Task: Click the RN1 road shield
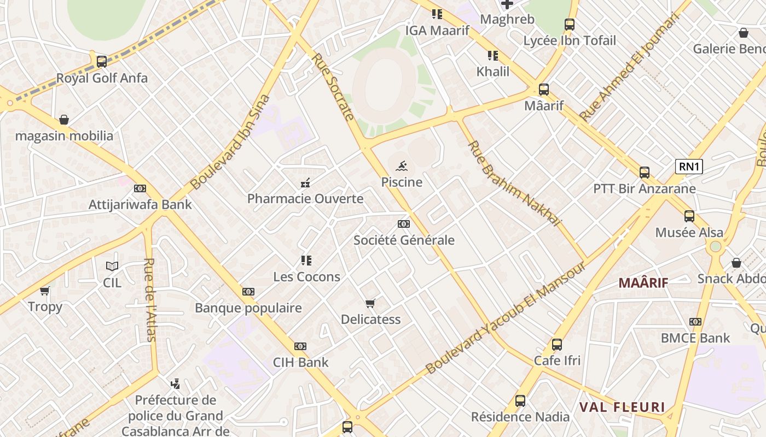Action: point(689,167)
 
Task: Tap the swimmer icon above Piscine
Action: point(402,166)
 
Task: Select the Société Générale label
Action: point(404,240)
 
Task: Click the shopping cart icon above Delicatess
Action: point(370,303)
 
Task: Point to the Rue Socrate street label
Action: point(333,86)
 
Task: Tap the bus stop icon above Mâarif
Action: point(543,90)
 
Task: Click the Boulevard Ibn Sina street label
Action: point(230,142)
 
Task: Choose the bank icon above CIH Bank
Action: point(300,346)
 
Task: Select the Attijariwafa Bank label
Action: point(140,205)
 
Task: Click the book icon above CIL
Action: point(112,266)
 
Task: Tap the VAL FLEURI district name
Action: point(622,407)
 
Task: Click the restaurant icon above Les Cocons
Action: point(306,261)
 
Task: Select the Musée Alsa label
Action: point(689,233)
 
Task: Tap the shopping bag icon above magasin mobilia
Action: point(64,120)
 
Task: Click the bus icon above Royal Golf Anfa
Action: point(102,62)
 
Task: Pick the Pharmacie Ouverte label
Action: point(305,198)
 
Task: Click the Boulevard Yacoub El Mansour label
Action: point(506,318)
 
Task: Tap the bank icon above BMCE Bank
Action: point(695,322)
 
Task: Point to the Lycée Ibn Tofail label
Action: point(570,40)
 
